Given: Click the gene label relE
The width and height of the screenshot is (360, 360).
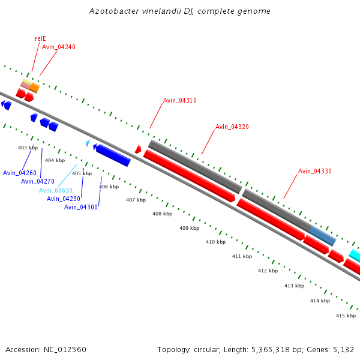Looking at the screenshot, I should (x=40, y=38).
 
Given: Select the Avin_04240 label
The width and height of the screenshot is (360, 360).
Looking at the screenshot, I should (x=59, y=47).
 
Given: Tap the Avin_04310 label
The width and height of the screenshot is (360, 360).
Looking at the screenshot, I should (x=180, y=100).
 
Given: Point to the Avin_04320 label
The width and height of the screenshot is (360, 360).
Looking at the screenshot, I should (x=232, y=127).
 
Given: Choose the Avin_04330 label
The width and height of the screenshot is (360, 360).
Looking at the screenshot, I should (x=315, y=171).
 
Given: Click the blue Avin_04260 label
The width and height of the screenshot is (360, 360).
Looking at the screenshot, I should (x=20, y=173).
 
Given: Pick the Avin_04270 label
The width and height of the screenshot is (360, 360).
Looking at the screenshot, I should (x=38, y=181).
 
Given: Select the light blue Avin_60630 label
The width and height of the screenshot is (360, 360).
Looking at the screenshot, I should (x=56, y=190).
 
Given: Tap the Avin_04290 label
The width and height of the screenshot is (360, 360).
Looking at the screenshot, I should (x=64, y=199).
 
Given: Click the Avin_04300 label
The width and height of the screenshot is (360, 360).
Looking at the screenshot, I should (x=81, y=207).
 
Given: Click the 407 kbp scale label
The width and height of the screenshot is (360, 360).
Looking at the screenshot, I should (x=136, y=200).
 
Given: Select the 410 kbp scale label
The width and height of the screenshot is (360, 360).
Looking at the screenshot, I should (x=215, y=242).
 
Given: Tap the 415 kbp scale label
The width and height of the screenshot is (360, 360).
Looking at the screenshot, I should (x=346, y=316).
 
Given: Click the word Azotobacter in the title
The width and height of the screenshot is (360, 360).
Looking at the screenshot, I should (x=112, y=11).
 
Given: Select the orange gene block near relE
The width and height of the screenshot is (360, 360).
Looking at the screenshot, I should (x=35, y=88).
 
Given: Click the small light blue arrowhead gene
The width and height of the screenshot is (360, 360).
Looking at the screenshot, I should (x=88, y=143).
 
